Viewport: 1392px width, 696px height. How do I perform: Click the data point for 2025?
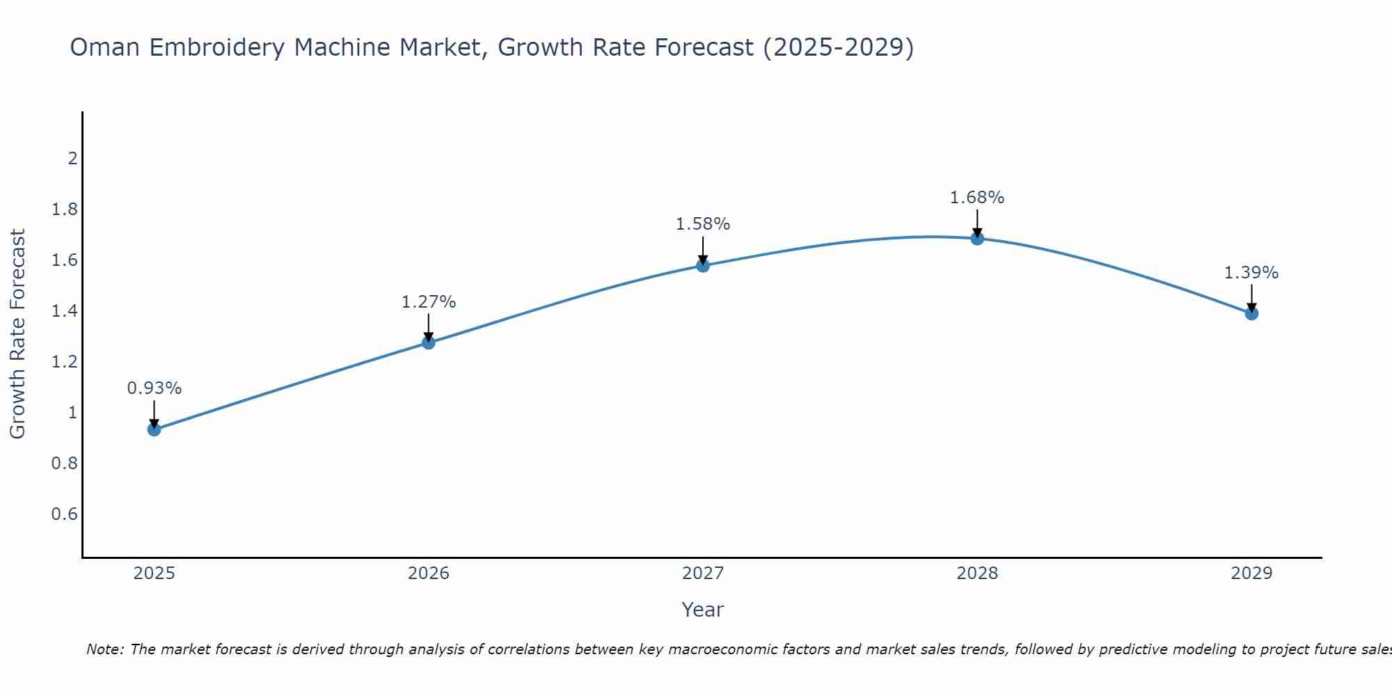[154, 429]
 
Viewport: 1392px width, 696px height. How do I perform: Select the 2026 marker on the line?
[429, 342]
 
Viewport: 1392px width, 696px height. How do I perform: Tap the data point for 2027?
[703, 265]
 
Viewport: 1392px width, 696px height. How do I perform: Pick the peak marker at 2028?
[977, 239]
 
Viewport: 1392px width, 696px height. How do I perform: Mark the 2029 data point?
[1251, 313]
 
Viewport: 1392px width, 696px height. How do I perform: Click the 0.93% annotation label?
[154, 388]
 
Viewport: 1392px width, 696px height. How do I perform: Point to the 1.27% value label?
[429, 302]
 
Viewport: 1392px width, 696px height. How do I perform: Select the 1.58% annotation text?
[703, 224]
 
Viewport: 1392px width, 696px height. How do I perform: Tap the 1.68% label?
[977, 198]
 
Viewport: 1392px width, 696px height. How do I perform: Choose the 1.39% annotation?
[1251, 273]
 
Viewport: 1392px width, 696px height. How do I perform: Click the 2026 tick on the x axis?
[429, 574]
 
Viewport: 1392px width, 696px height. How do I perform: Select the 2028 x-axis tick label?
[977, 574]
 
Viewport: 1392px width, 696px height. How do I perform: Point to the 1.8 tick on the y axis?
[65, 209]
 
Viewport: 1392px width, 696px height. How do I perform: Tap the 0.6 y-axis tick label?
[65, 514]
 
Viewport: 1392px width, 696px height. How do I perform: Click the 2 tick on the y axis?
[72, 159]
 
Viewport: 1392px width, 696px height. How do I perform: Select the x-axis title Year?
[703, 610]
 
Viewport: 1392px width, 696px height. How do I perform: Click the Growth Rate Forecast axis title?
[17, 334]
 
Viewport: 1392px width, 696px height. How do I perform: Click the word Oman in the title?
[106, 47]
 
